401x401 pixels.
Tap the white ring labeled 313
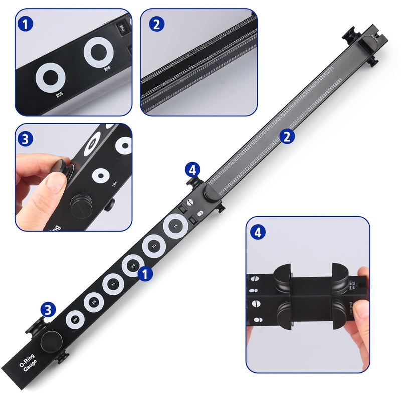tap(154, 246)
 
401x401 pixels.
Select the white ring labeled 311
tap(113, 285)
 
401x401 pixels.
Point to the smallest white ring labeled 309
tap(75, 319)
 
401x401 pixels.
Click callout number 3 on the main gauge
tap(48, 310)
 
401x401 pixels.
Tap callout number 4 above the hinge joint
tap(192, 169)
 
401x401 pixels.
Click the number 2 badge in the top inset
tap(157, 23)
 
